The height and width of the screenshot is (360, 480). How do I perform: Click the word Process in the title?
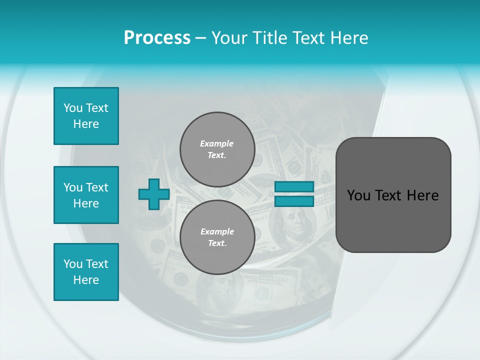[x=157, y=38]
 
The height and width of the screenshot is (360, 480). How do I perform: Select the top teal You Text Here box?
[x=86, y=116]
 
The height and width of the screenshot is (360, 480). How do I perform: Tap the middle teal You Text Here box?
[x=86, y=195]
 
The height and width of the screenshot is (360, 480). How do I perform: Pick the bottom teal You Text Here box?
[x=86, y=272]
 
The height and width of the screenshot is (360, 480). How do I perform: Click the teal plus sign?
[x=153, y=194]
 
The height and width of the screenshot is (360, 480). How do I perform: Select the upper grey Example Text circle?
[x=217, y=149]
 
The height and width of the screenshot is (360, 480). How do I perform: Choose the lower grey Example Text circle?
[x=217, y=237]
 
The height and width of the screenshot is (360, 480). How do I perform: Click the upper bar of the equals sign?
[x=294, y=187]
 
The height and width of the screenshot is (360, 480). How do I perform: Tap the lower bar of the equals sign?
[x=294, y=201]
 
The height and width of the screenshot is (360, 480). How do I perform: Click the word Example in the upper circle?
[x=217, y=143]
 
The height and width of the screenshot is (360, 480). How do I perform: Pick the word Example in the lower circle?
[x=217, y=231]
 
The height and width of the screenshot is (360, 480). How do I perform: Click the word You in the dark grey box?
[x=358, y=195]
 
